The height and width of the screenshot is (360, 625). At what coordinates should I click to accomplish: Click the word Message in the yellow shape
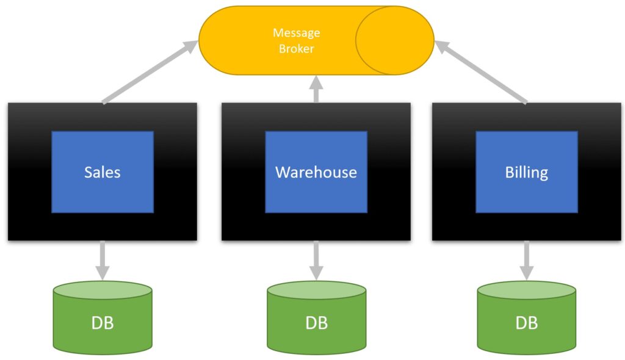296,32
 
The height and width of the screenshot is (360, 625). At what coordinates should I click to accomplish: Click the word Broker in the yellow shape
296,48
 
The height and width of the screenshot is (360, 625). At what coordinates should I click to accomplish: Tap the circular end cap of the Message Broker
394,40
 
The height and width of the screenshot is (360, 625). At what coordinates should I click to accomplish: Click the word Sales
102,172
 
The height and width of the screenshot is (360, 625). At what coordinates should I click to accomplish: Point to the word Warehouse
316,172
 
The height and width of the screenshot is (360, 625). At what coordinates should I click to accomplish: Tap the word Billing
526,172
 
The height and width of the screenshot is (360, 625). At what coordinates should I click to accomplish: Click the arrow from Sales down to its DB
102,259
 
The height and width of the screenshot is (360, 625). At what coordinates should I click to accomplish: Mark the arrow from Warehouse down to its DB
316,259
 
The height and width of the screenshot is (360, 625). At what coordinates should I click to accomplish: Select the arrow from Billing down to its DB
526,259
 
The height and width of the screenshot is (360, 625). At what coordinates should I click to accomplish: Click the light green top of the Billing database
526,290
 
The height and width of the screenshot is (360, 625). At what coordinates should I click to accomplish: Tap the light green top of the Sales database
102,290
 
